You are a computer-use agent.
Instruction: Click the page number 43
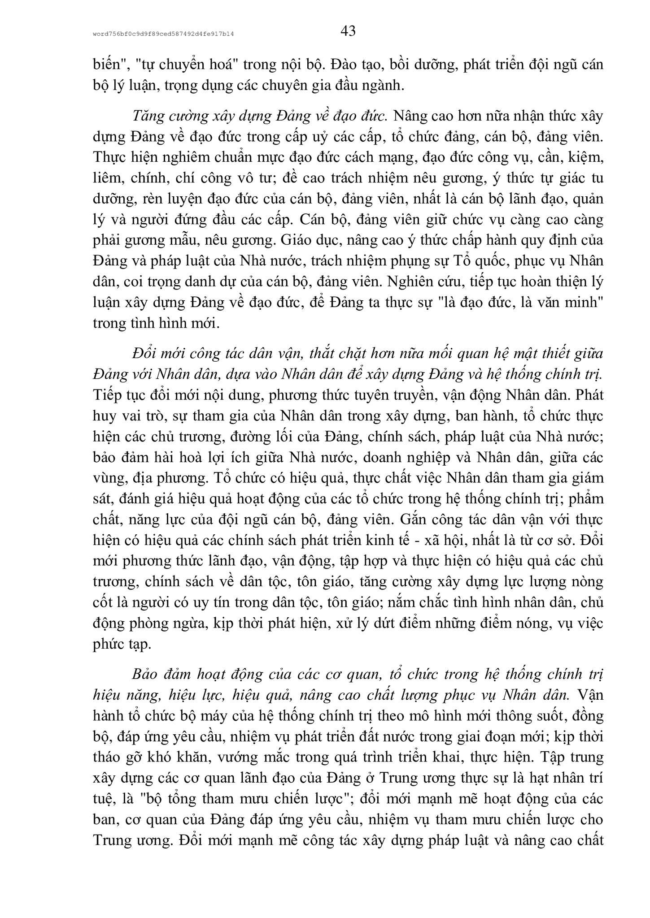(348, 31)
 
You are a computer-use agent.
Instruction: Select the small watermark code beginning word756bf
(164, 34)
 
